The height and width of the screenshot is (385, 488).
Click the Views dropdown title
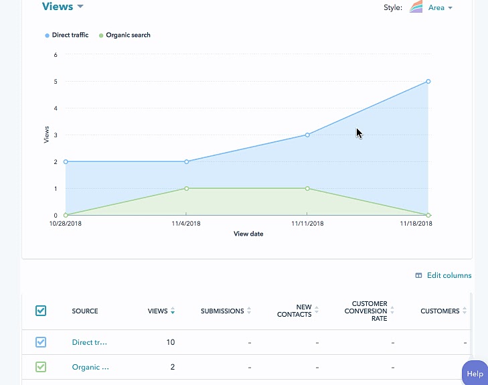pyautogui.click(x=62, y=7)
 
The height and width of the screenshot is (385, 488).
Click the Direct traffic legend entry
pyautogui.click(x=70, y=35)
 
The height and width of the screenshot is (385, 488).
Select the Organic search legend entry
pyautogui.click(x=128, y=35)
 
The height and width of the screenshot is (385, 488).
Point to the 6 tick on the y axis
pyautogui.click(x=56, y=55)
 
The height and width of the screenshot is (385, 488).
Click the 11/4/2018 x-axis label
pyautogui.click(x=186, y=224)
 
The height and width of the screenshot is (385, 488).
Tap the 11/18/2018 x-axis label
pyautogui.click(x=416, y=224)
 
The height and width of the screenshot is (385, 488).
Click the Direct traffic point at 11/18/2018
pyautogui.click(x=428, y=82)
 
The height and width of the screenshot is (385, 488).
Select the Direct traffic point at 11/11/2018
pyautogui.click(x=307, y=135)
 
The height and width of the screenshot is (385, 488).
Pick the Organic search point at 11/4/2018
pyautogui.click(x=187, y=188)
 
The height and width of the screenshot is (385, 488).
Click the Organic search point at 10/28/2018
pyautogui.click(x=66, y=215)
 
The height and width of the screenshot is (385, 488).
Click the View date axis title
pyautogui.click(x=248, y=234)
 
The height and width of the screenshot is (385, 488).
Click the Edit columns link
pyautogui.click(x=449, y=275)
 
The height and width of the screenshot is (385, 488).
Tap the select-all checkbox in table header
pyautogui.click(x=41, y=311)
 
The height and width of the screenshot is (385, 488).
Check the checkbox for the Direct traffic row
pyautogui.click(x=41, y=342)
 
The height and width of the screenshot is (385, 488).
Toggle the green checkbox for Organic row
pyautogui.click(x=41, y=367)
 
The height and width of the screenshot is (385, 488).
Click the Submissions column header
pyautogui.click(x=222, y=311)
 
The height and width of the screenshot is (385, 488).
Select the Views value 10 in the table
pyautogui.click(x=170, y=342)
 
